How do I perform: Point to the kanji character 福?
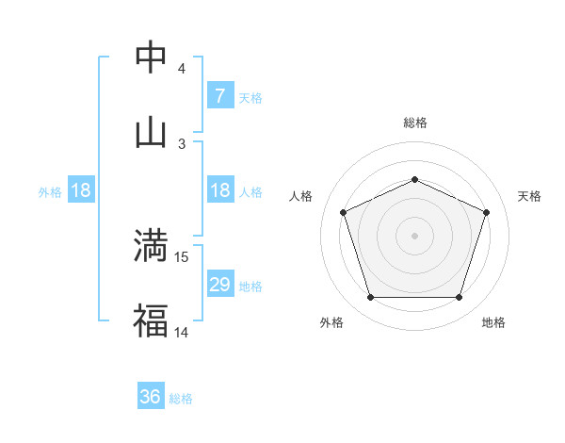(151, 320)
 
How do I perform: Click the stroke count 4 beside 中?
(182, 69)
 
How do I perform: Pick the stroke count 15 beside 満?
(183, 257)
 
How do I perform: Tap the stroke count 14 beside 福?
(183, 333)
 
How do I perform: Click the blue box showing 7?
(219, 95)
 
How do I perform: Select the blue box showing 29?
(219, 285)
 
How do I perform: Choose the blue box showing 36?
(151, 397)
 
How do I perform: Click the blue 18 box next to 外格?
(81, 190)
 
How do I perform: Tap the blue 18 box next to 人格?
(219, 190)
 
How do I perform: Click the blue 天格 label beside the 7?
(250, 97)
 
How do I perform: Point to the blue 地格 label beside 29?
(250, 286)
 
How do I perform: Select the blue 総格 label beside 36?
(181, 399)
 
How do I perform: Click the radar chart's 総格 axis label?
(414, 123)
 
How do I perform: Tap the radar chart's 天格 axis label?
(530, 196)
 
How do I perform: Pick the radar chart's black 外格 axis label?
(331, 323)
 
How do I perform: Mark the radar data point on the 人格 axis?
(343, 212)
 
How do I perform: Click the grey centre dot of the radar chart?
(414, 235)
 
